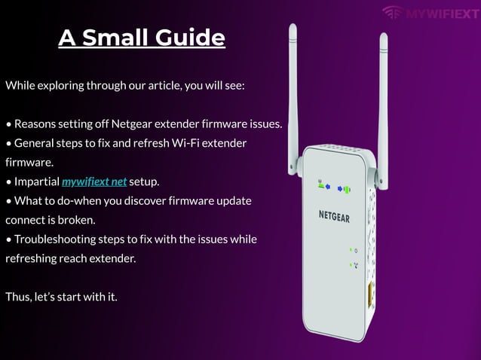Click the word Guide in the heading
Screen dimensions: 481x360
[190, 38]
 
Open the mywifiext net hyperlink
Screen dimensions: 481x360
[94, 182]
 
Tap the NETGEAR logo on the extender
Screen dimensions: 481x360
[334, 216]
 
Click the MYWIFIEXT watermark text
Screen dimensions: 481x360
[442, 14]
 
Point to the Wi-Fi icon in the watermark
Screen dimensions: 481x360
[393, 12]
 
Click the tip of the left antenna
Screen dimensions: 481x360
[293, 25]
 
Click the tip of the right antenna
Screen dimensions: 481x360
[384, 34]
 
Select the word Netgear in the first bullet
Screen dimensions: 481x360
[132, 124]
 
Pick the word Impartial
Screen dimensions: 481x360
[37, 182]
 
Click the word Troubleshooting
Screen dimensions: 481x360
[55, 239]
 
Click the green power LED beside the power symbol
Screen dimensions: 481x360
[351, 250]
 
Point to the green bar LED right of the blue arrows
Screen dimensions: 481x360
[348, 190]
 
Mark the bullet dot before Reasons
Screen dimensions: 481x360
[9, 124]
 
